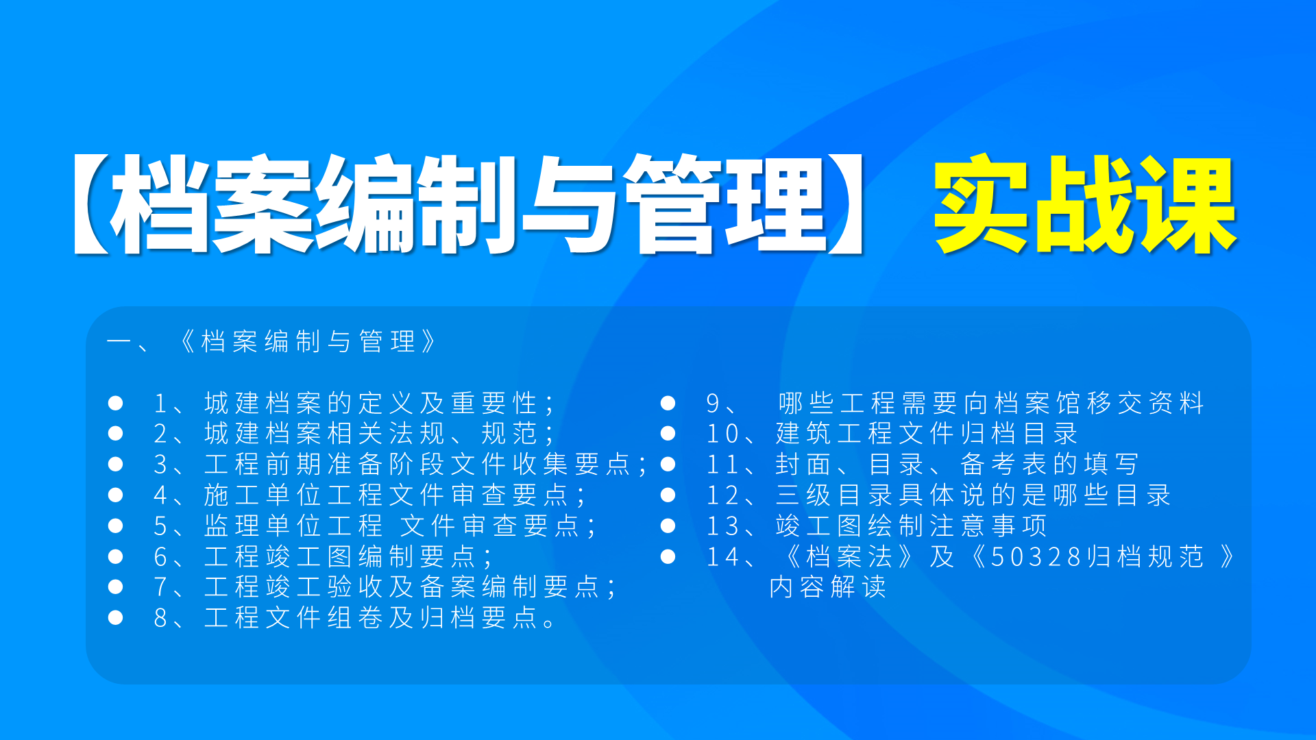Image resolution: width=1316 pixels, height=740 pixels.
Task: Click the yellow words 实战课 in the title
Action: [1084, 204]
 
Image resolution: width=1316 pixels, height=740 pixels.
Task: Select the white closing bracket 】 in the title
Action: [846, 204]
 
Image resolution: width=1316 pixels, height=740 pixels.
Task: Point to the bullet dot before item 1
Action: [115, 403]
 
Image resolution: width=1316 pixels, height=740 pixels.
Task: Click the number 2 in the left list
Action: [160, 434]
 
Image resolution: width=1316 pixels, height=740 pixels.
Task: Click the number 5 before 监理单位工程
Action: [160, 526]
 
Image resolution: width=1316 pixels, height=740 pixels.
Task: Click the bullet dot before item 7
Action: [115, 587]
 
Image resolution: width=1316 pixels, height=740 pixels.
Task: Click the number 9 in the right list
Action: [713, 404]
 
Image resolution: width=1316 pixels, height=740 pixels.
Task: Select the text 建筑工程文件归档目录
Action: [927, 434]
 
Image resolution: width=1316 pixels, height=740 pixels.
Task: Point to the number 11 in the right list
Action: [721, 465]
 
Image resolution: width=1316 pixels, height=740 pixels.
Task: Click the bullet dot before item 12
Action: [668, 495]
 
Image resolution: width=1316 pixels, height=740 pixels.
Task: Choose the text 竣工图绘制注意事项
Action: [912, 526]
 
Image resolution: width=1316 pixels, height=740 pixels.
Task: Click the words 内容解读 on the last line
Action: [828, 587]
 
